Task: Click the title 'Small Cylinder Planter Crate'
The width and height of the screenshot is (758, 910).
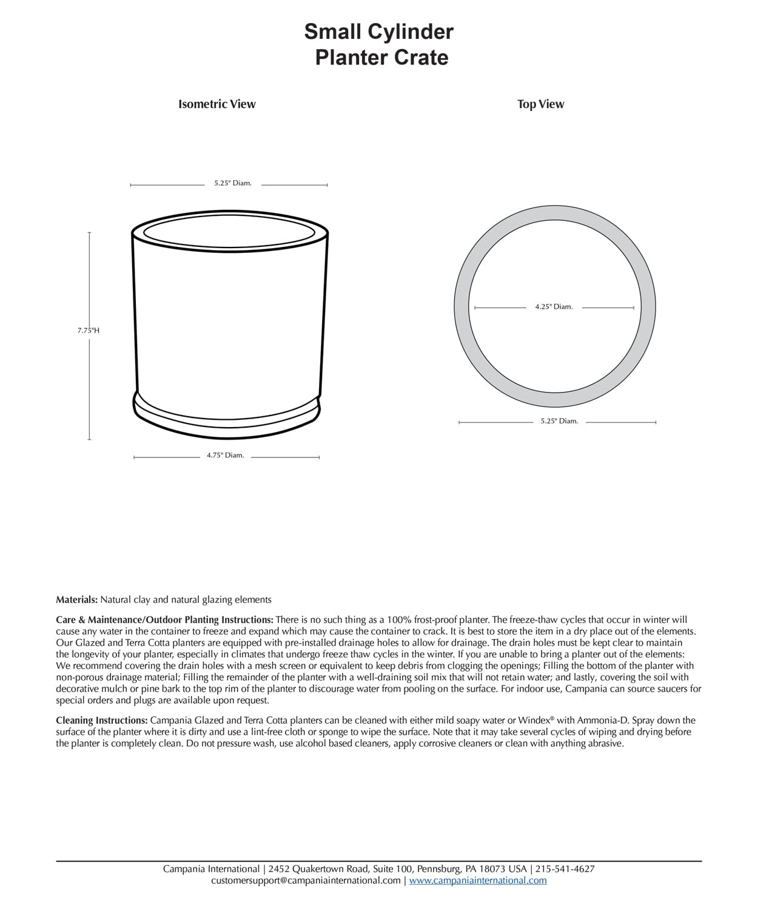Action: pyautogui.click(x=379, y=44)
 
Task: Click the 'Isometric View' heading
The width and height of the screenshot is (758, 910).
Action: pyautogui.click(x=217, y=104)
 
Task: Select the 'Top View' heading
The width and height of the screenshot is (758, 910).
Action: pyautogui.click(x=540, y=104)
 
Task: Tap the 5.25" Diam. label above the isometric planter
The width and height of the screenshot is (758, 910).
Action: pyautogui.click(x=233, y=183)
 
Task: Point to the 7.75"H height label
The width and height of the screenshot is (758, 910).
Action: pyautogui.click(x=89, y=331)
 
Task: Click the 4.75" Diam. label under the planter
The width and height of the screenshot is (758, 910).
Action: pyautogui.click(x=226, y=456)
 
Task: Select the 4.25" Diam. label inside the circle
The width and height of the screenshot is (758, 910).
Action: pyautogui.click(x=554, y=307)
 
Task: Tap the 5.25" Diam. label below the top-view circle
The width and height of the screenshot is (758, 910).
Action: pyautogui.click(x=559, y=421)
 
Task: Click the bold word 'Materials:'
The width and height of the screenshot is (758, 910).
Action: pyautogui.click(x=77, y=599)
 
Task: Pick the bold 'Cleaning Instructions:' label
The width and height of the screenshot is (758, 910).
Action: pyautogui.click(x=102, y=720)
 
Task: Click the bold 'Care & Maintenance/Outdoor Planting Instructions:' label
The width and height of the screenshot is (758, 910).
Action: pyautogui.click(x=165, y=619)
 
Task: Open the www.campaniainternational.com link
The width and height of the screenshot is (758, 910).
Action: pyautogui.click(x=478, y=880)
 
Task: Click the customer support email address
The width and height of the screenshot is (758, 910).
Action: pyautogui.click(x=306, y=880)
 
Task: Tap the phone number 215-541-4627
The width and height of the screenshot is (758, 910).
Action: pyautogui.click(x=565, y=869)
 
